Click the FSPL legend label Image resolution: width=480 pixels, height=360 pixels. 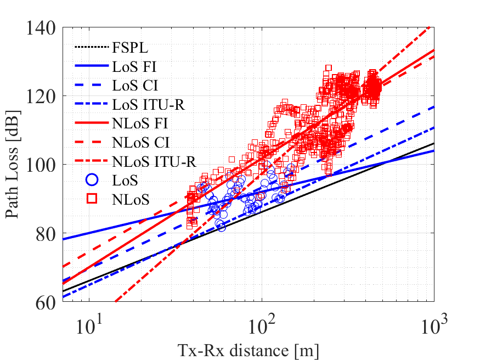[130, 47]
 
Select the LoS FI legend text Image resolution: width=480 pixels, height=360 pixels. [134, 66]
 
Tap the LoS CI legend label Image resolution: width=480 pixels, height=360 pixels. [135, 86]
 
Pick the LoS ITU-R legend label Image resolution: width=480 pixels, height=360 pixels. [149, 105]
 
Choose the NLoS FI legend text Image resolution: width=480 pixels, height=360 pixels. [140, 123]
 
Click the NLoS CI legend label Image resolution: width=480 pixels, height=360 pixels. [141, 142]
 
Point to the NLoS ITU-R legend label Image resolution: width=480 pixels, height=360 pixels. [154, 162]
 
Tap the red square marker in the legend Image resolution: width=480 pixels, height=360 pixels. [92, 199]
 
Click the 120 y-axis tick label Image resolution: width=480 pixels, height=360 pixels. [41, 97]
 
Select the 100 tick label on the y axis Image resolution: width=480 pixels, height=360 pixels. [41, 165]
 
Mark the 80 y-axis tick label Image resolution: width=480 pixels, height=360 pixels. [46, 234]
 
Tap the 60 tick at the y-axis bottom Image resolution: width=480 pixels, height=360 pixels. [46, 303]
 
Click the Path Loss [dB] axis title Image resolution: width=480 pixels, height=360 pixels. [12, 165]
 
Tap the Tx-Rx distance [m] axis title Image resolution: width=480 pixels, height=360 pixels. [249, 351]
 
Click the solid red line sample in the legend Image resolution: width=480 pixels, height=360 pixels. [92, 123]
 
